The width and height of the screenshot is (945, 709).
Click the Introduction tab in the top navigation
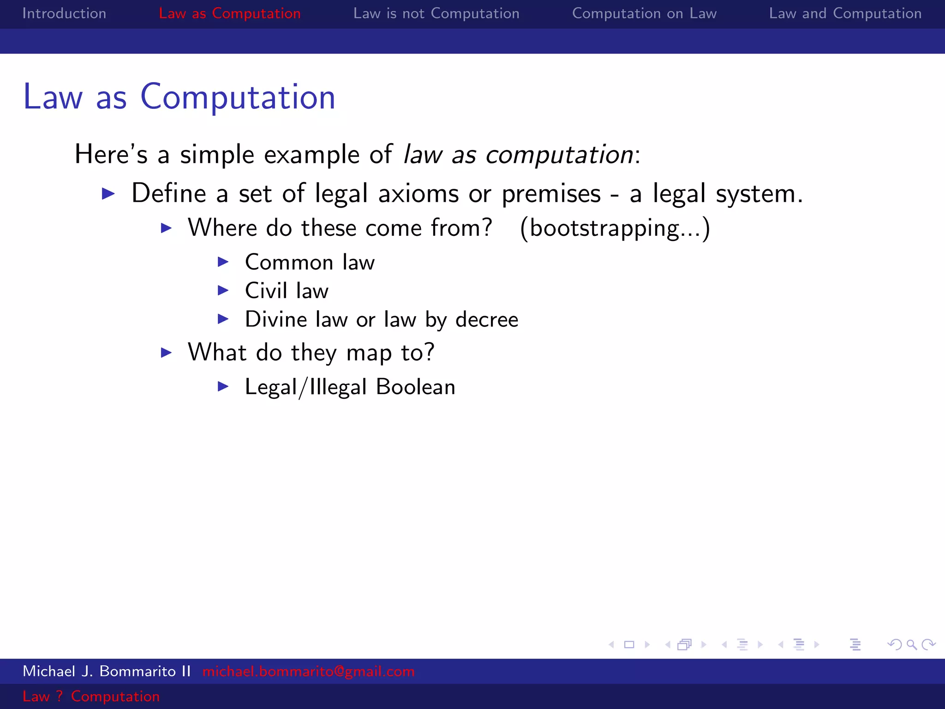64,13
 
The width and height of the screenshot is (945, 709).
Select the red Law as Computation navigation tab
229,13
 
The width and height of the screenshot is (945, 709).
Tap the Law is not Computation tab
436,13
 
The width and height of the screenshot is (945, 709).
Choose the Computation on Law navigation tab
644,13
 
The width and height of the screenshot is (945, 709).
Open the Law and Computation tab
845,13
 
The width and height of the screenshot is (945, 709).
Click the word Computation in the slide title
238,97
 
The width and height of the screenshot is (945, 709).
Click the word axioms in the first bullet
419,193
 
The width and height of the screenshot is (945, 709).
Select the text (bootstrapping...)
615,228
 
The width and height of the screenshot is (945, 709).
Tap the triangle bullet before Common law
223,262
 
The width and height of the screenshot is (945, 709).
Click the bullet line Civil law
287,291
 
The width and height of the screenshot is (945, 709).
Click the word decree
487,319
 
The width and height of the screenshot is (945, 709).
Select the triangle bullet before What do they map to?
166,353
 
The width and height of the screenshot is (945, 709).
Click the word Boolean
415,387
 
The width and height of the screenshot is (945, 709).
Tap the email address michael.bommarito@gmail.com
308,671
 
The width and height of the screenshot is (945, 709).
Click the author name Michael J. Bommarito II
107,671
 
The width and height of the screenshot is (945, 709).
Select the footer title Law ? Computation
91,696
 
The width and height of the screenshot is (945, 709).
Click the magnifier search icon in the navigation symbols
911,645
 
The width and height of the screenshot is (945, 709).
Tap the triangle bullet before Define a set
108,193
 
